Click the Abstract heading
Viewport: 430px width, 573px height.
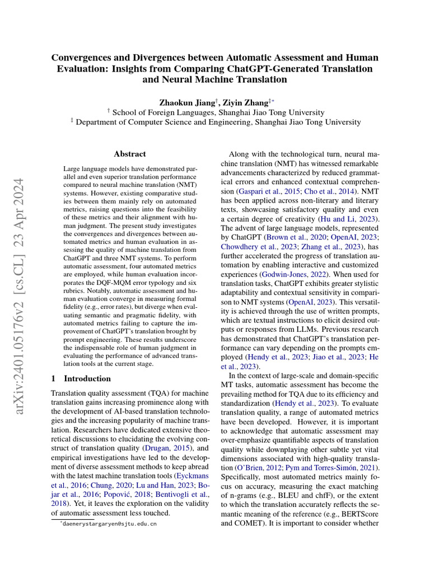pyautogui.click(x=130, y=154)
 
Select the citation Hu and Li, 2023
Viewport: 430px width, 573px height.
pyautogui.click(x=343, y=218)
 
